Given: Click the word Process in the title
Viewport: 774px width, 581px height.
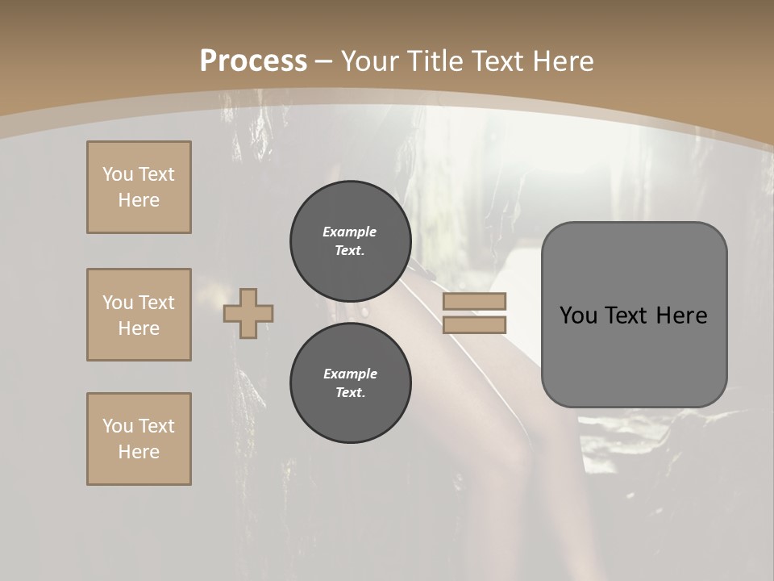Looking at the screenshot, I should [x=253, y=61].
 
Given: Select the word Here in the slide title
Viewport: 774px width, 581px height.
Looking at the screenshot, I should [x=562, y=61].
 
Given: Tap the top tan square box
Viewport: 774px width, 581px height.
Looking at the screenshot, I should [x=139, y=187].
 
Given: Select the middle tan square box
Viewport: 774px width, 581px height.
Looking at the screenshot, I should [x=139, y=315].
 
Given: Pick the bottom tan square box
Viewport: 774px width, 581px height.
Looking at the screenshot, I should [x=139, y=439].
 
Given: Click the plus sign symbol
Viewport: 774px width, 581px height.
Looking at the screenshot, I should [x=248, y=313].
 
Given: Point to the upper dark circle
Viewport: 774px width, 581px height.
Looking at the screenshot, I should [x=350, y=241].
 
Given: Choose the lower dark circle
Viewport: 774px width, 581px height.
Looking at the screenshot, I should [x=350, y=383].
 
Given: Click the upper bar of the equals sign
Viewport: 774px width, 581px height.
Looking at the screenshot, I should [x=474, y=302].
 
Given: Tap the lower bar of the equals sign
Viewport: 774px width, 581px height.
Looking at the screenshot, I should [x=474, y=324].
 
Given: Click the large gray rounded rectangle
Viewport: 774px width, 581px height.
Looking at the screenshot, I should [x=634, y=315].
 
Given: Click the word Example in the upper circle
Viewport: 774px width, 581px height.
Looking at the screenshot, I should [x=349, y=232].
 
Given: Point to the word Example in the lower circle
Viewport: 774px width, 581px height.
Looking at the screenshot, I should [x=350, y=374].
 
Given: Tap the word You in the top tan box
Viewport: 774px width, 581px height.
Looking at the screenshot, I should [x=118, y=174].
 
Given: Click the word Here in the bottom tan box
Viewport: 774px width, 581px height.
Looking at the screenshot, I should [x=139, y=452].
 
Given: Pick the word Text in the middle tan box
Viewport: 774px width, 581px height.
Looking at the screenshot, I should [x=156, y=303].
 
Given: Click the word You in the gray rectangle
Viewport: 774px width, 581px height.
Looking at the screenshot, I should [x=579, y=316].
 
